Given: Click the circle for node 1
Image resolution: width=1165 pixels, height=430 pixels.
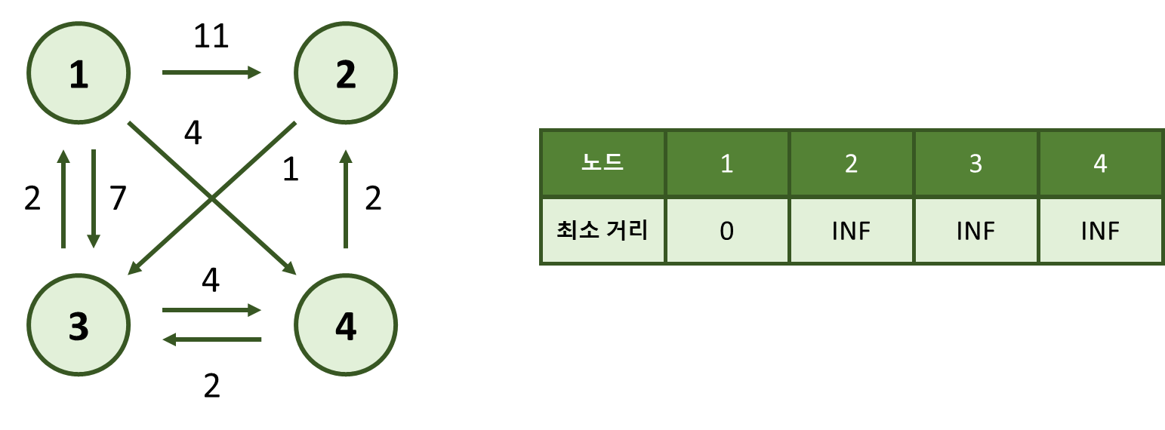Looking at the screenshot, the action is (x=79, y=73).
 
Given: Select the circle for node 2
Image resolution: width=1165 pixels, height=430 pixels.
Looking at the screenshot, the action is (x=346, y=73).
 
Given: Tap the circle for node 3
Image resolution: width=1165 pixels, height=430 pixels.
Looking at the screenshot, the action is (x=79, y=325).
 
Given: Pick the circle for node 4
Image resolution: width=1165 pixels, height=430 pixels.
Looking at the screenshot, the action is (x=346, y=325).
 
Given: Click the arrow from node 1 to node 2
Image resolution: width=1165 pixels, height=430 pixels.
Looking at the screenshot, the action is (x=211, y=72).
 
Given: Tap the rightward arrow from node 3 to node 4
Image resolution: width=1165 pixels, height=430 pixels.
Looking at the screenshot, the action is (x=211, y=310).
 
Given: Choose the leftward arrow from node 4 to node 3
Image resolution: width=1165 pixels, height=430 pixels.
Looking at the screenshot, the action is (x=211, y=339).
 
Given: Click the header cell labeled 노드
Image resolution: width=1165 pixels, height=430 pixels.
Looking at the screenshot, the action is (x=603, y=163).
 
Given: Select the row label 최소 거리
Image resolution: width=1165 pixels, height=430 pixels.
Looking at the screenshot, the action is (x=603, y=230).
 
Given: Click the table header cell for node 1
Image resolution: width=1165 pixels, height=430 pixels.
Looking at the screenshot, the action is (x=726, y=163).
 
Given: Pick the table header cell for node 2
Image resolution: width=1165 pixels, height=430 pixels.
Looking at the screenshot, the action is (x=851, y=163).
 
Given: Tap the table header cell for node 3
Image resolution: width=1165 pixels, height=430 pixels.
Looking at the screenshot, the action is (x=975, y=163).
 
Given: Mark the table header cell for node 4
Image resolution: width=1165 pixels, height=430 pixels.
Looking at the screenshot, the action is (x=1100, y=163).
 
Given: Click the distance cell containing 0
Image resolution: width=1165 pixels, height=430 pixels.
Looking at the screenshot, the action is (x=726, y=230).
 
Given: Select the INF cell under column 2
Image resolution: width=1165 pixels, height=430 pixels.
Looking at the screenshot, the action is (x=851, y=230).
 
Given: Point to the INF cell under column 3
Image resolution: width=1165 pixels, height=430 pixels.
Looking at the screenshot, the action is (x=975, y=230).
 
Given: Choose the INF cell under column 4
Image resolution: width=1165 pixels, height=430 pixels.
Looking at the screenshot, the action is (x=1100, y=230).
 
